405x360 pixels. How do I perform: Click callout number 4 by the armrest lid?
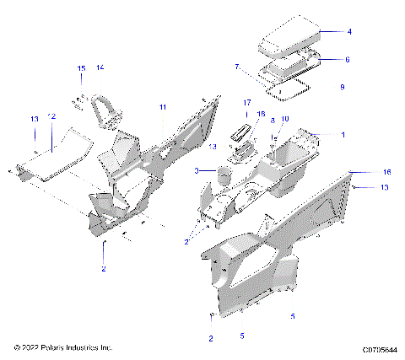pyautogui.click(x=349, y=31)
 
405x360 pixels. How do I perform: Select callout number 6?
pyautogui.click(x=347, y=60)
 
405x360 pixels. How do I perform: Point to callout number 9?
pyautogui.click(x=342, y=87)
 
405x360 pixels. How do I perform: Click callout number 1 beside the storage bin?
pyautogui.click(x=343, y=135)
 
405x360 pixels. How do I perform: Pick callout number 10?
pyautogui.click(x=284, y=119)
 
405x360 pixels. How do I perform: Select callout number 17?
pyautogui.click(x=248, y=102)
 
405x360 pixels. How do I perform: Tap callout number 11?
pyautogui.click(x=164, y=107)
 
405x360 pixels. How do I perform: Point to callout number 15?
pyautogui.click(x=82, y=67)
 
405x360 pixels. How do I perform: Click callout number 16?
pyautogui.click(x=364, y=171)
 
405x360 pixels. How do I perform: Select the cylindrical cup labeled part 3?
pyautogui.click(x=224, y=175)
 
